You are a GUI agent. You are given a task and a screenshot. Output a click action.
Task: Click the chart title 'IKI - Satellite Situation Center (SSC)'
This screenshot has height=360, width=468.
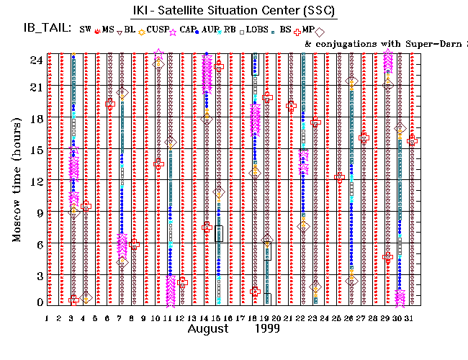[x=224, y=10]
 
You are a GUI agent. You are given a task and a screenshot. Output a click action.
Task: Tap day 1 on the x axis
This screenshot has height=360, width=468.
[x=48, y=318]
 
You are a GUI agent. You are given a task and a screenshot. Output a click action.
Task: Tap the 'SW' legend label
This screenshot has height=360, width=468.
[x=85, y=30]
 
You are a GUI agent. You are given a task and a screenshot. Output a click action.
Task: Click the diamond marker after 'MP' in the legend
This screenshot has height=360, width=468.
[x=319, y=31]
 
